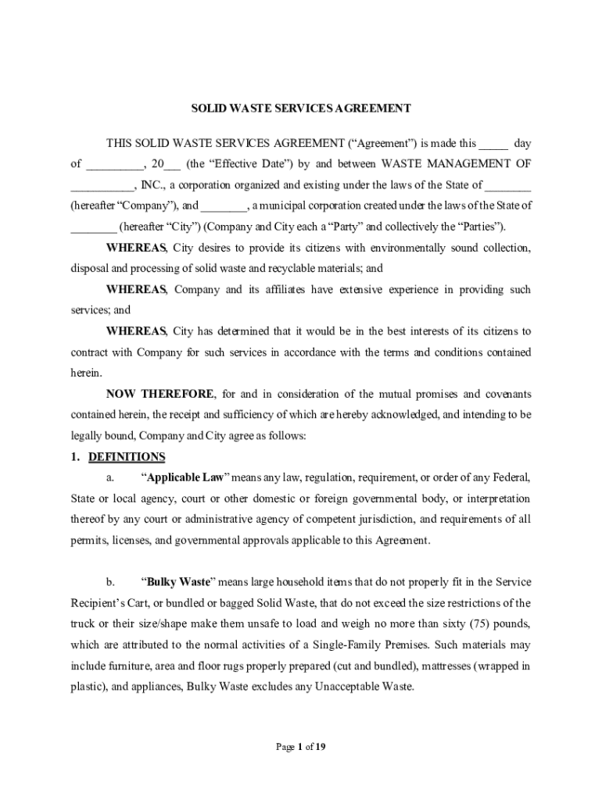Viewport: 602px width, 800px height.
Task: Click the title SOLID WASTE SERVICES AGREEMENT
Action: (301, 109)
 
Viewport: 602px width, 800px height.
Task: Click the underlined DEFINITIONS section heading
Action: (127, 456)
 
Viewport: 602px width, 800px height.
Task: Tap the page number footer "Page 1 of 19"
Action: (301, 747)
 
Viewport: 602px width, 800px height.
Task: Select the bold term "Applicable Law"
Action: (185, 477)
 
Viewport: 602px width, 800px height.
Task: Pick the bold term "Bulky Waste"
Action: (175, 582)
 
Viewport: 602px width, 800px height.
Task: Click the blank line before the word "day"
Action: (493, 144)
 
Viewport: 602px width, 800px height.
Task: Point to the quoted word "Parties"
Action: (480, 227)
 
